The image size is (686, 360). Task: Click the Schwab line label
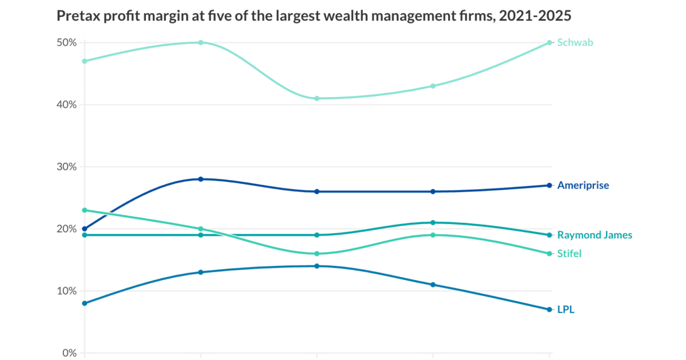coord(575,42)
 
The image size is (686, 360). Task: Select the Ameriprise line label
coord(583,185)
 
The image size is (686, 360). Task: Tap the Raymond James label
coord(595,235)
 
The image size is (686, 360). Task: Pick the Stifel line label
coord(569,254)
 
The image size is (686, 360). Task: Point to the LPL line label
coord(565,310)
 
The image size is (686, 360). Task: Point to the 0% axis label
coord(69,353)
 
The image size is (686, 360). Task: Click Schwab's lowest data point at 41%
coord(317,98)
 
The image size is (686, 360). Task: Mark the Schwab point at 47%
coord(85,61)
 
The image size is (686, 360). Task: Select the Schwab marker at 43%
coord(433,86)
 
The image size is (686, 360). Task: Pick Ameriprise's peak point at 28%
coord(201,179)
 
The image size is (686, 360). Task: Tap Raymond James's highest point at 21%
coord(433,222)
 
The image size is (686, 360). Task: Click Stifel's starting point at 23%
coord(85,210)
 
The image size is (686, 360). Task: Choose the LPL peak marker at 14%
coord(317,266)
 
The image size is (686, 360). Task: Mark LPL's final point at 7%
coord(549,309)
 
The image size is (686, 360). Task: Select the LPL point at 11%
coord(433,285)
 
